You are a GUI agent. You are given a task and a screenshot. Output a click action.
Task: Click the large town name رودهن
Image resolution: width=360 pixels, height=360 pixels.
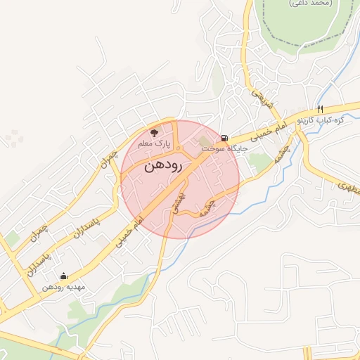point(163,167)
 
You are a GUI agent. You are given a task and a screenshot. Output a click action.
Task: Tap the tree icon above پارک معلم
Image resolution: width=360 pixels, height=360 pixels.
point(155,132)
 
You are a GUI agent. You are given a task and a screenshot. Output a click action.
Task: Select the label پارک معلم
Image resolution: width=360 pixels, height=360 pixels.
point(155,143)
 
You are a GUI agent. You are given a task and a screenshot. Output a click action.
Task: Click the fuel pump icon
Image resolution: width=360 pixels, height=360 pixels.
point(224,138)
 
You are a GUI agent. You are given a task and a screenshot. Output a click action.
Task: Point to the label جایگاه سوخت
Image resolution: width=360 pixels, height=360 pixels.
point(216,149)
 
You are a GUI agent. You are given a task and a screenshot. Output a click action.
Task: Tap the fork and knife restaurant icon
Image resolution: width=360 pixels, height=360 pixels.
point(320,109)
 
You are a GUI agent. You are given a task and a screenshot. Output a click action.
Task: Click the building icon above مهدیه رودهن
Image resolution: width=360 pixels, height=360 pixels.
point(65,276)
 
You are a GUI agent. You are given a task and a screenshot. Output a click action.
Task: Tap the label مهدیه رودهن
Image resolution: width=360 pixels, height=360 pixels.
point(63,287)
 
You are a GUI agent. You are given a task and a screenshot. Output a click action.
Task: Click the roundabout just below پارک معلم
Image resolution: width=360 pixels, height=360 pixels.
point(179,149)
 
